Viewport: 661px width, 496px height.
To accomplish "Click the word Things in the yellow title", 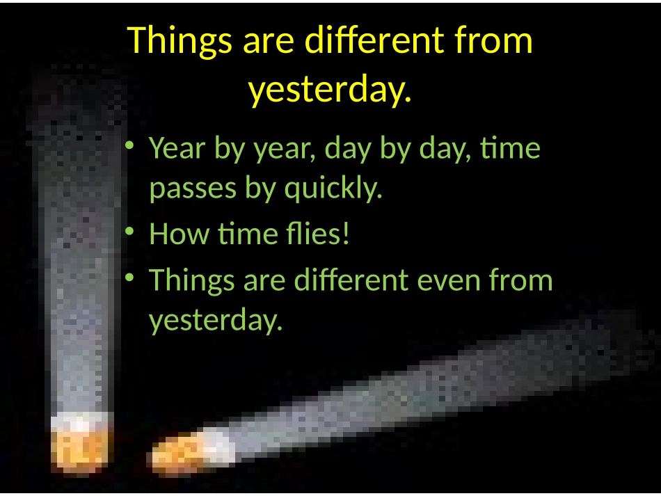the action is click(180, 42).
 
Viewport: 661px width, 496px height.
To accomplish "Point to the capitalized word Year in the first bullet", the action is click(177, 148).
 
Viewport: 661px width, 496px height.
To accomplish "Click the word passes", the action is click(193, 189).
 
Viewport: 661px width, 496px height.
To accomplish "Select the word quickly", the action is click(333, 188).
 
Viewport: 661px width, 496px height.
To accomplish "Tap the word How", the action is click(179, 234).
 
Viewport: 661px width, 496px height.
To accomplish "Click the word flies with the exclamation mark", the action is click(317, 233).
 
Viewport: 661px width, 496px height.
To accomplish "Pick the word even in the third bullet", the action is click(449, 280).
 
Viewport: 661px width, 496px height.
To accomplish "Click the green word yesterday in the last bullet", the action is click(216, 320).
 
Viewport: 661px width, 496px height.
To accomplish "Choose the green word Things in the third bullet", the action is click(192, 281).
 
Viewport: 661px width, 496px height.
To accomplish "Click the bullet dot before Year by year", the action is click(129, 145).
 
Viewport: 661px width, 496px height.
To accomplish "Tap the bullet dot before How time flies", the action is click(129, 231).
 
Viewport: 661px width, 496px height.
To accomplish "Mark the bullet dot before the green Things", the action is click(129, 277).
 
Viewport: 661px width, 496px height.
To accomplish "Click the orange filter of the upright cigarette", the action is click(79, 448).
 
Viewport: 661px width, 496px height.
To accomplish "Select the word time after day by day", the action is click(510, 148).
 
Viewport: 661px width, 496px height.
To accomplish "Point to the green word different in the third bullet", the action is click(351, 280).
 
